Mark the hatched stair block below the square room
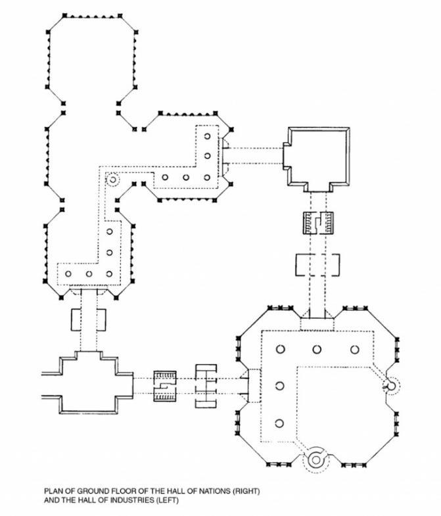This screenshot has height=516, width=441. click(318, 224)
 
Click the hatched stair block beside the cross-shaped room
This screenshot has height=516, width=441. click(165, 387)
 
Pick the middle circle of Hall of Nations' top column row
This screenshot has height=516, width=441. click(317, 350)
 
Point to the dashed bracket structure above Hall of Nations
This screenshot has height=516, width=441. click(317, 264)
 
